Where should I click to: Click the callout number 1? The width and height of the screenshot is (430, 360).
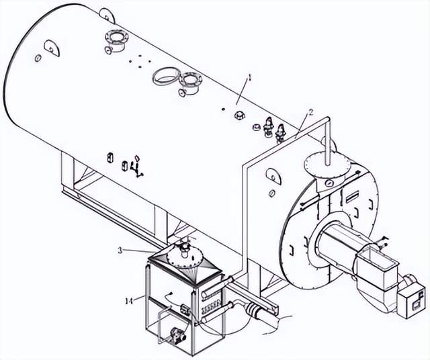click(249, 79)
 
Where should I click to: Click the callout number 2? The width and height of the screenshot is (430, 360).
click(310, 112)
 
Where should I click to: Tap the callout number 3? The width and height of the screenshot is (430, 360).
click(120, 250)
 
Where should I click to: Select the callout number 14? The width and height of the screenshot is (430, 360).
click(129, 301)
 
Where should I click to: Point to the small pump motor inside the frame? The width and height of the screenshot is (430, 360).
click(177, 335)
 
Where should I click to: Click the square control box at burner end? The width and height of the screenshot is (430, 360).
click(411, 300)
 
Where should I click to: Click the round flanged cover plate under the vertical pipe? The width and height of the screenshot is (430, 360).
click(327, 165)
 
